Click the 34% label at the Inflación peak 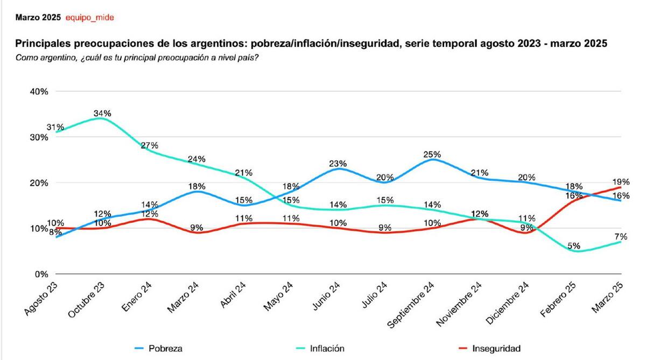(102, 114)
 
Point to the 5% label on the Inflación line (573, 246)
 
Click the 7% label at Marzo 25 (621, 237)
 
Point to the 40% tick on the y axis (39, 91)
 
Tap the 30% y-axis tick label (39, 137)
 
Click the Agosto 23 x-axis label (41, 300)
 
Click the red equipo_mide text (89, 17)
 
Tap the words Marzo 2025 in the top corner (38, 17)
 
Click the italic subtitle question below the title (137, 58)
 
